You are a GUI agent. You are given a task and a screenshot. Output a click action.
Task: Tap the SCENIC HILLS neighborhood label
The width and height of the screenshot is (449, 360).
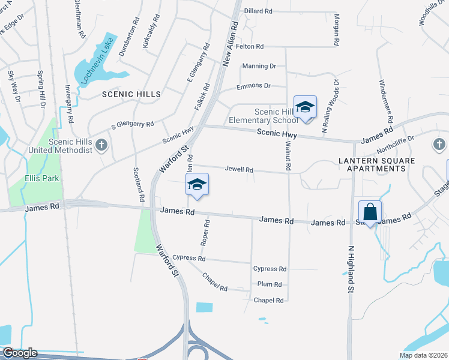(x=131, y=94)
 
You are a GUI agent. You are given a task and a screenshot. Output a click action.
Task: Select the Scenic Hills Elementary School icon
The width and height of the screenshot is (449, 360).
(x=305, y=107)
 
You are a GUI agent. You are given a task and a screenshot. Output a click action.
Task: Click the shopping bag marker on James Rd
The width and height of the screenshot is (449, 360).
(x=370, y=212)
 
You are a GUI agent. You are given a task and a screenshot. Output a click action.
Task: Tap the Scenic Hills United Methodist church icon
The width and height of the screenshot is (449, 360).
(x=102, y=145)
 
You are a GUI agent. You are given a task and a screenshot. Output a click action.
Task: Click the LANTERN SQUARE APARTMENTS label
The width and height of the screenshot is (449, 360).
(x=372, y=165)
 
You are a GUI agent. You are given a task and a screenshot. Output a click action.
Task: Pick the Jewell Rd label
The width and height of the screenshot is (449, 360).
(x=239, y=170)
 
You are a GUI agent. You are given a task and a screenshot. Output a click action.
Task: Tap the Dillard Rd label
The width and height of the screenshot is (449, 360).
(x=258, y=11)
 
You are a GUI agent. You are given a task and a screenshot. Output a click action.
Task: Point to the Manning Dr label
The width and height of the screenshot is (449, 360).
(x=259, y=66)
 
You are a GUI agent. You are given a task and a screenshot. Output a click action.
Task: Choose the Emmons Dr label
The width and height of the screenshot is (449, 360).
(x=254, y=86)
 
